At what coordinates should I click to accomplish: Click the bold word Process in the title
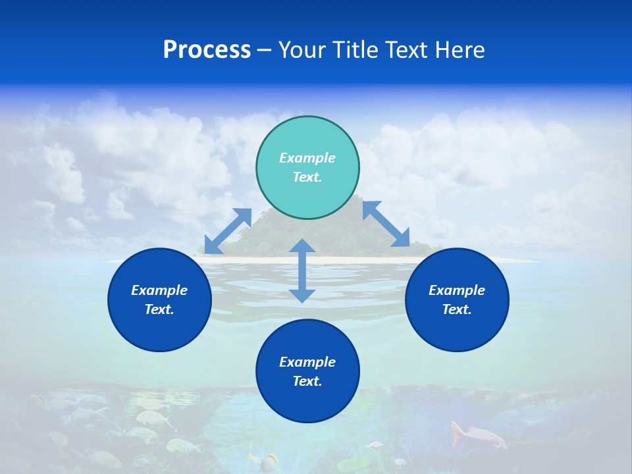(207, 50)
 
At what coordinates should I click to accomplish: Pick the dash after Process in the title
(264, 51)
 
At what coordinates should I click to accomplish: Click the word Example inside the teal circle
(307, 158)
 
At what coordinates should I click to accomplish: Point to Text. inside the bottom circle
(307, 381)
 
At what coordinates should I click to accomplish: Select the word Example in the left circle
(159, 290)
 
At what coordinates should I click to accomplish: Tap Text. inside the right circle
(457, 309)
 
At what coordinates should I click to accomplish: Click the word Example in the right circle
(457, 290)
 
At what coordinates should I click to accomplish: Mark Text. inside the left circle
(159, 309)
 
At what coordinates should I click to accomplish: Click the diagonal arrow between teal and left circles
(228, 231)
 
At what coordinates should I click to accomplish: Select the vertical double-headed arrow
(302, 271)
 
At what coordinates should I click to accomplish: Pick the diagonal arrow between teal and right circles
(386, 224)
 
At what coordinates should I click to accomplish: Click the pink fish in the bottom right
(476, 435)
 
